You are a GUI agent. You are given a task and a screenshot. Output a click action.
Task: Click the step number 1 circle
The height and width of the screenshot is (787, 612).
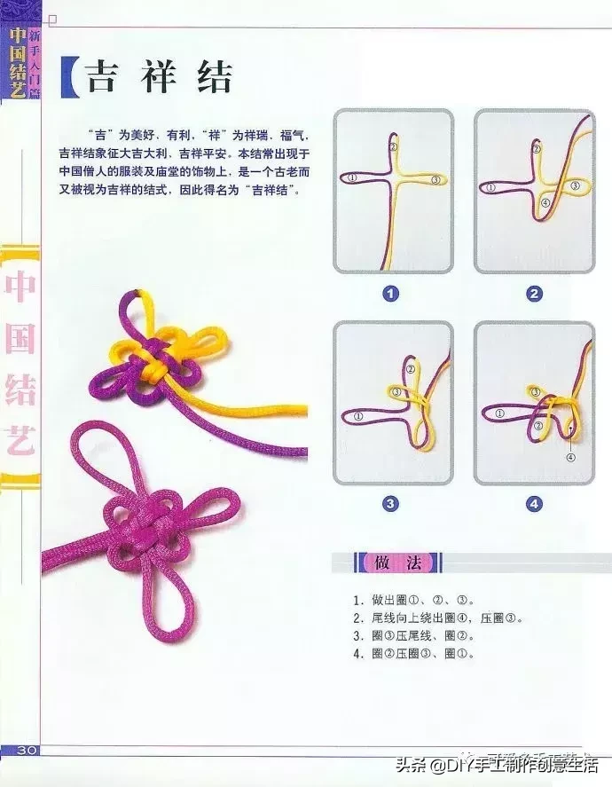click(x=391, y=293)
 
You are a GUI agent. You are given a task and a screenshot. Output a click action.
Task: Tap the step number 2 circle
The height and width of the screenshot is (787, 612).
click(x=534, y=293)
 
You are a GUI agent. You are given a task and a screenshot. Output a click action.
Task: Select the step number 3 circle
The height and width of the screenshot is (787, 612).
click(x=391, y=503)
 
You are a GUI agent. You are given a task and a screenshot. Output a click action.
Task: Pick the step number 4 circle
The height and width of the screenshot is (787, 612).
click(x=534, y=503)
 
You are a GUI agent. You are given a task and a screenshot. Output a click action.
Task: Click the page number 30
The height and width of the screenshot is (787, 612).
click(x=25, y=751)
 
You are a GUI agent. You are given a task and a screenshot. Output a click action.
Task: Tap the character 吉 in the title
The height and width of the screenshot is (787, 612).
click(x=106, y=78)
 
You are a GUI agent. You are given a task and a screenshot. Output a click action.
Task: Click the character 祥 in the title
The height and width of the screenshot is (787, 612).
click(x=160, y=78)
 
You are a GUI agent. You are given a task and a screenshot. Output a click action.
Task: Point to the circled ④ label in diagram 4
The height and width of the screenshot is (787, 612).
click(x=570, y=457)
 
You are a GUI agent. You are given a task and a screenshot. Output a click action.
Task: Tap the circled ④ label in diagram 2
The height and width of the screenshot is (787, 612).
click(x=544, y=203)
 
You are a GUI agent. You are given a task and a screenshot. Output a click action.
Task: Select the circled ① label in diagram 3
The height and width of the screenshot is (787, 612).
click(x=357, y=414)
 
